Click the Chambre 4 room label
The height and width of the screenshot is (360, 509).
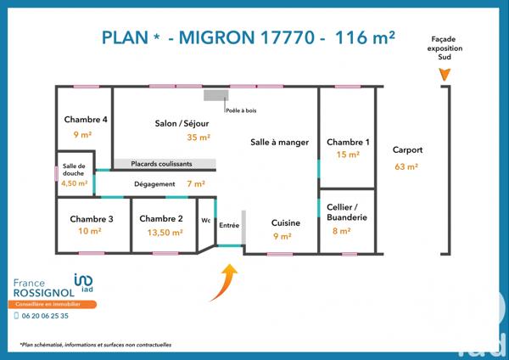pyautogui.click(x=86, y=120)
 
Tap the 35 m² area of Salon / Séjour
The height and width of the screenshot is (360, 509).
pyautogui.click(x=199, y=138)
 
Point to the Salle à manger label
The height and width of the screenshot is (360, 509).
pyautogui.click(x=279, y=142)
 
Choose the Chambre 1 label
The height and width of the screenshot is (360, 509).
pyautogui.click(x=348, y=142)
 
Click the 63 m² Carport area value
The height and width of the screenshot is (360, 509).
pyautogui.click(x=406, y=166)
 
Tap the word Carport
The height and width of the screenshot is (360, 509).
pyautogui.click(x=407, y=150)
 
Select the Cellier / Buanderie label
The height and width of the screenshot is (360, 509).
pyautogui.click(x=348, y=212)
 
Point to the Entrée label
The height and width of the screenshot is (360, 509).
pyautogui.click(x=229, y=225)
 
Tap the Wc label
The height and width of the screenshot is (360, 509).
pyautogui.click(x=205, y=220)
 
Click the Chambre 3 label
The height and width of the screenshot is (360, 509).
pyautogui.click(x=92, y=218)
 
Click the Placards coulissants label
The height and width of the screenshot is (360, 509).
pyautogui.click(x=161, y=164)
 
